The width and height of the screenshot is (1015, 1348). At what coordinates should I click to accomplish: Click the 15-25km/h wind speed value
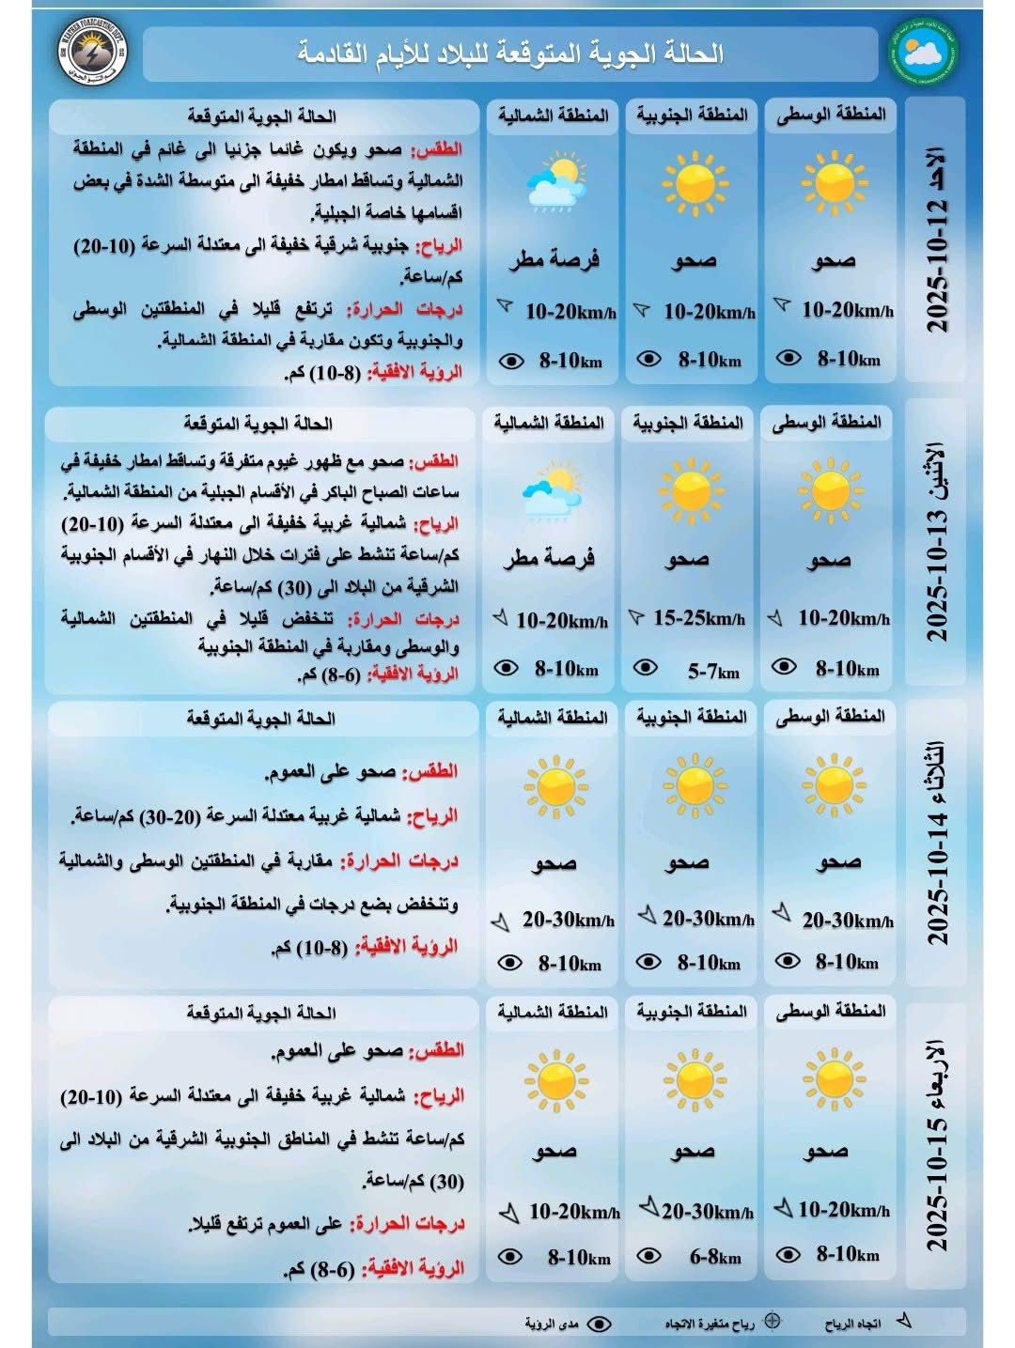click(698, 618)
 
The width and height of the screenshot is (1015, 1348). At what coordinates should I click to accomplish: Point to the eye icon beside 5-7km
click(646, 668)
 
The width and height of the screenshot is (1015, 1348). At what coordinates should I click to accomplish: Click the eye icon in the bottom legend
click(598, 1324)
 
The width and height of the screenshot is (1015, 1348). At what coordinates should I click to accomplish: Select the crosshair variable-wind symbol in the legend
click(773, 1321)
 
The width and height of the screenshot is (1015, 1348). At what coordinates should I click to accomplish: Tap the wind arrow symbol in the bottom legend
click(903, 1321)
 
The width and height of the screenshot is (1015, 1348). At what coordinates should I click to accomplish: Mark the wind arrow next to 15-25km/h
click(636, 617)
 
